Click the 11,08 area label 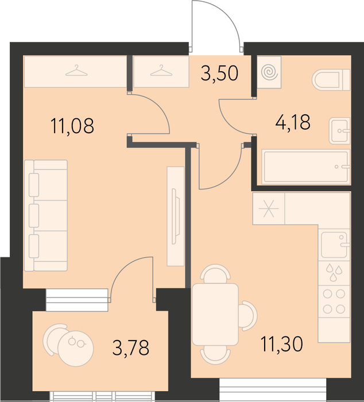pos(72,126)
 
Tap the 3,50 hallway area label pos(220,73)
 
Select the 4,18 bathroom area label pos(293,122)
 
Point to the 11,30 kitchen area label pos(281,344)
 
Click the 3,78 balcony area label pos(131,347)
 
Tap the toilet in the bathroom pos(331,79)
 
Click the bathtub pos(306,167)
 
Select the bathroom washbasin pos(340,131)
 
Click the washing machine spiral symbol pos(269,72)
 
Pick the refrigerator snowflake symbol pos(268,208)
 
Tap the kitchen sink pos(334,245)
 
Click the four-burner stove pos(334,301)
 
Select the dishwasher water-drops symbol pos(334,273)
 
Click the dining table pos(215,314)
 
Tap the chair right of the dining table pos(248,315)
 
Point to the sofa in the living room pos(46,215)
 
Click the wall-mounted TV pos(176,216)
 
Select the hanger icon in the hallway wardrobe pos(161,71)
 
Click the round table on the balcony pos(76,349)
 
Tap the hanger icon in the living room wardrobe pos(76,71)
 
